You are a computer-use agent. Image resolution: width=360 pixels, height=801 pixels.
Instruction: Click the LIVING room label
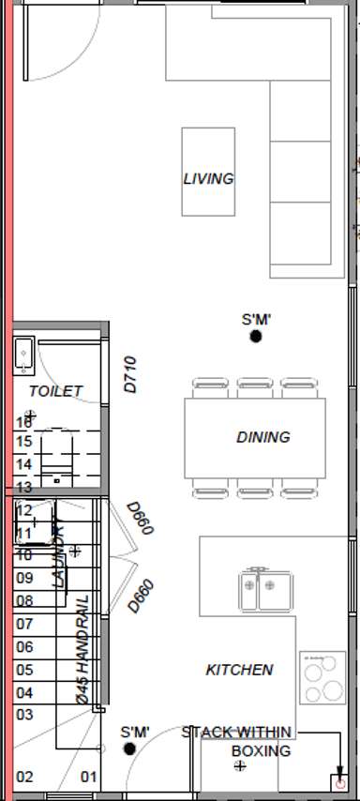[208, 178]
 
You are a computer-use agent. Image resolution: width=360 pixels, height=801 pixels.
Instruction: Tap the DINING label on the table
[263, 437]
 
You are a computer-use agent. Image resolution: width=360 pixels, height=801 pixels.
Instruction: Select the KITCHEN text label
[239, 670]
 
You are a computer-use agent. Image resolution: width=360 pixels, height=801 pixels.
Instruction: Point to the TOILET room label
[55, 391]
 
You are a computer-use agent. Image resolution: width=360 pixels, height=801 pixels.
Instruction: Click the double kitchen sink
[259, 589]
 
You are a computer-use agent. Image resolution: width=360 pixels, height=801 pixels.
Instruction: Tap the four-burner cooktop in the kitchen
[322, 677]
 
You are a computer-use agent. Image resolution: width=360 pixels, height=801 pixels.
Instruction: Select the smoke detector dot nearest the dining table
[255, 337]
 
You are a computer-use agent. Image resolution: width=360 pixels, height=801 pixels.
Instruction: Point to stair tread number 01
[89, 777]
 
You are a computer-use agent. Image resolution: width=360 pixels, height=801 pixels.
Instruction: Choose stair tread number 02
[24, 777]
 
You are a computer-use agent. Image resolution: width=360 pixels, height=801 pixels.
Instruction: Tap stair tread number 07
[24, 624]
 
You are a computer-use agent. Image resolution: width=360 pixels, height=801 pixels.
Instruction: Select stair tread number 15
[24, 441]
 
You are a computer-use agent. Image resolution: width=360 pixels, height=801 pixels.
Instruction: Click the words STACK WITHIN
[236, 732]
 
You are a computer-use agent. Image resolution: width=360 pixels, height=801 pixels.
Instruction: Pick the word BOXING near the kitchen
[261, 751]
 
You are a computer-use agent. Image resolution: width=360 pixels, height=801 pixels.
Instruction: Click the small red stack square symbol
[339, 779]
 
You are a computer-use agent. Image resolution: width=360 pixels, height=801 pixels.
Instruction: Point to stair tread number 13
[24, 487]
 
